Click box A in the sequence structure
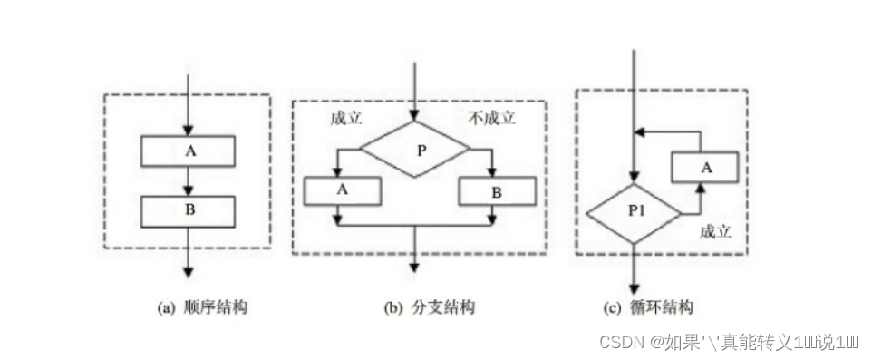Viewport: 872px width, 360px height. [189, 151]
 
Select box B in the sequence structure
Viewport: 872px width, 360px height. [189, 210]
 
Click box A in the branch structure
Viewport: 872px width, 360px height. [343, 190]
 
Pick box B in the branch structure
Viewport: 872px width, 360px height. [497, 190]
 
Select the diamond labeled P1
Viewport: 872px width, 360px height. [634, 213]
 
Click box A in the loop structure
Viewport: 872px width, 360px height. [703, 166]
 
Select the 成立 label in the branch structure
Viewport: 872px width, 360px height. [345, 119]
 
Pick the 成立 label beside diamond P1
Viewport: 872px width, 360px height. [715, 230]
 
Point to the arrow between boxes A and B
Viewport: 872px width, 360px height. [189, 183]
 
